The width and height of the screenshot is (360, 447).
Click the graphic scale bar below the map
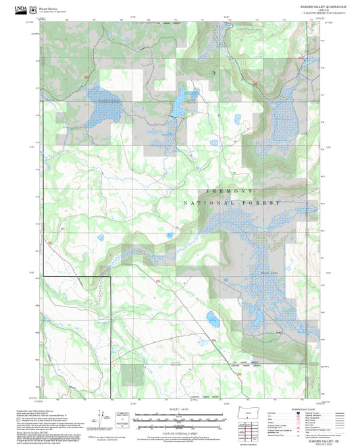pyautogui.click(x=179, y=419)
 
